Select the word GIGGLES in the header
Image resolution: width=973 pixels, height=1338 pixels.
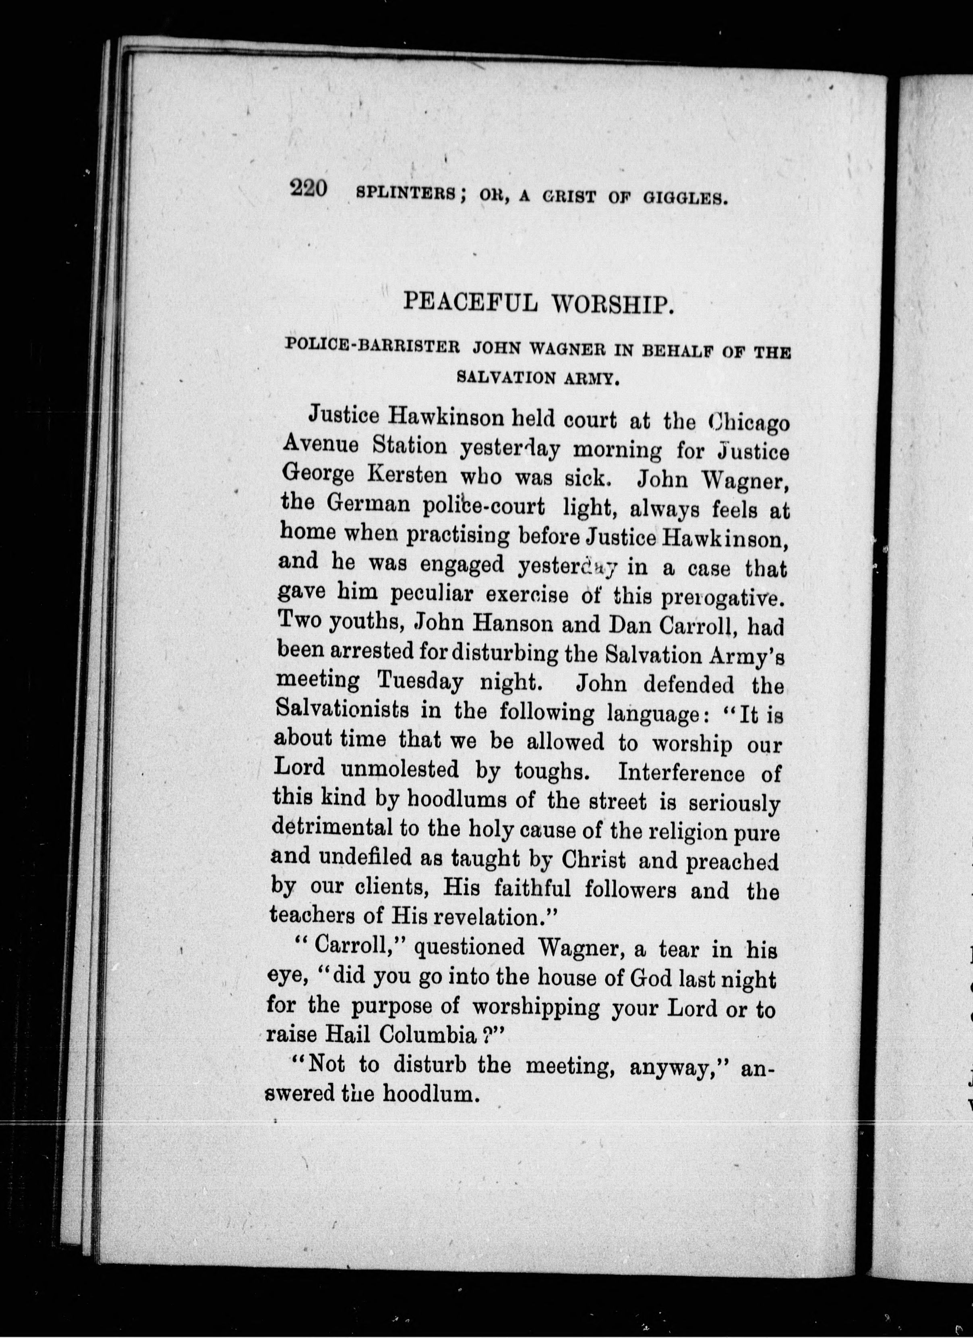683,197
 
